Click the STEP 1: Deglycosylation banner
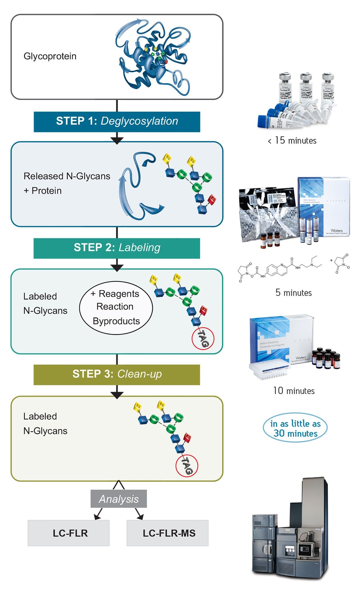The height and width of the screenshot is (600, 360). [x=117, y=121]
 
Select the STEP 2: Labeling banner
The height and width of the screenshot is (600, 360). [x=117, y=248]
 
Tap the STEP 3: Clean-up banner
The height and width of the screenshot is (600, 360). [x=117, y=374]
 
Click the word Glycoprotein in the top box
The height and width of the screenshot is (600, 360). [x=50, y=56]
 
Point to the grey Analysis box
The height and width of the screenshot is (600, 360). [x=119, y=499]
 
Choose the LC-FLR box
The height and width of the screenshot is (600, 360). [x=69, y=533]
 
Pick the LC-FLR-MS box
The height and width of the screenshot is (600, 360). [x=168, y=533]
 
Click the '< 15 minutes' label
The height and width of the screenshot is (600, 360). [x=292, y=141]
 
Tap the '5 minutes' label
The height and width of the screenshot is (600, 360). [x=294, y=293]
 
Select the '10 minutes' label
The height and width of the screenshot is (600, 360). [x=294, y=391]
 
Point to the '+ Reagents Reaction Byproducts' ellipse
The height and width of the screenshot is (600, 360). [x=116, y=308]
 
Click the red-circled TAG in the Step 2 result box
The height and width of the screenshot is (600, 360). [x=203, y=339]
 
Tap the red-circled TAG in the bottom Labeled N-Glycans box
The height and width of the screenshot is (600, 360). [x=187, y=466]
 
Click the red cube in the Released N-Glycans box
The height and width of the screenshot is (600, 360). [x=212, y=200]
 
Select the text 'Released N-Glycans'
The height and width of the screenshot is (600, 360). [x=67, y=176]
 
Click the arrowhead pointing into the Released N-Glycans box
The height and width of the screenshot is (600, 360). [x=117, y=140]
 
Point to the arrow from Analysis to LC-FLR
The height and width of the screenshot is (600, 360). [x=99, y=514]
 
